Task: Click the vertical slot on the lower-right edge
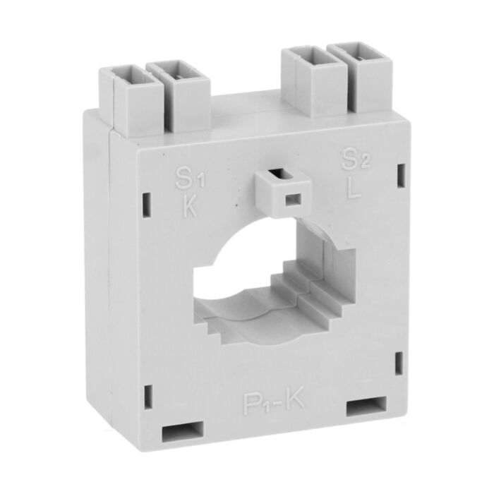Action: (x=399, y=363)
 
